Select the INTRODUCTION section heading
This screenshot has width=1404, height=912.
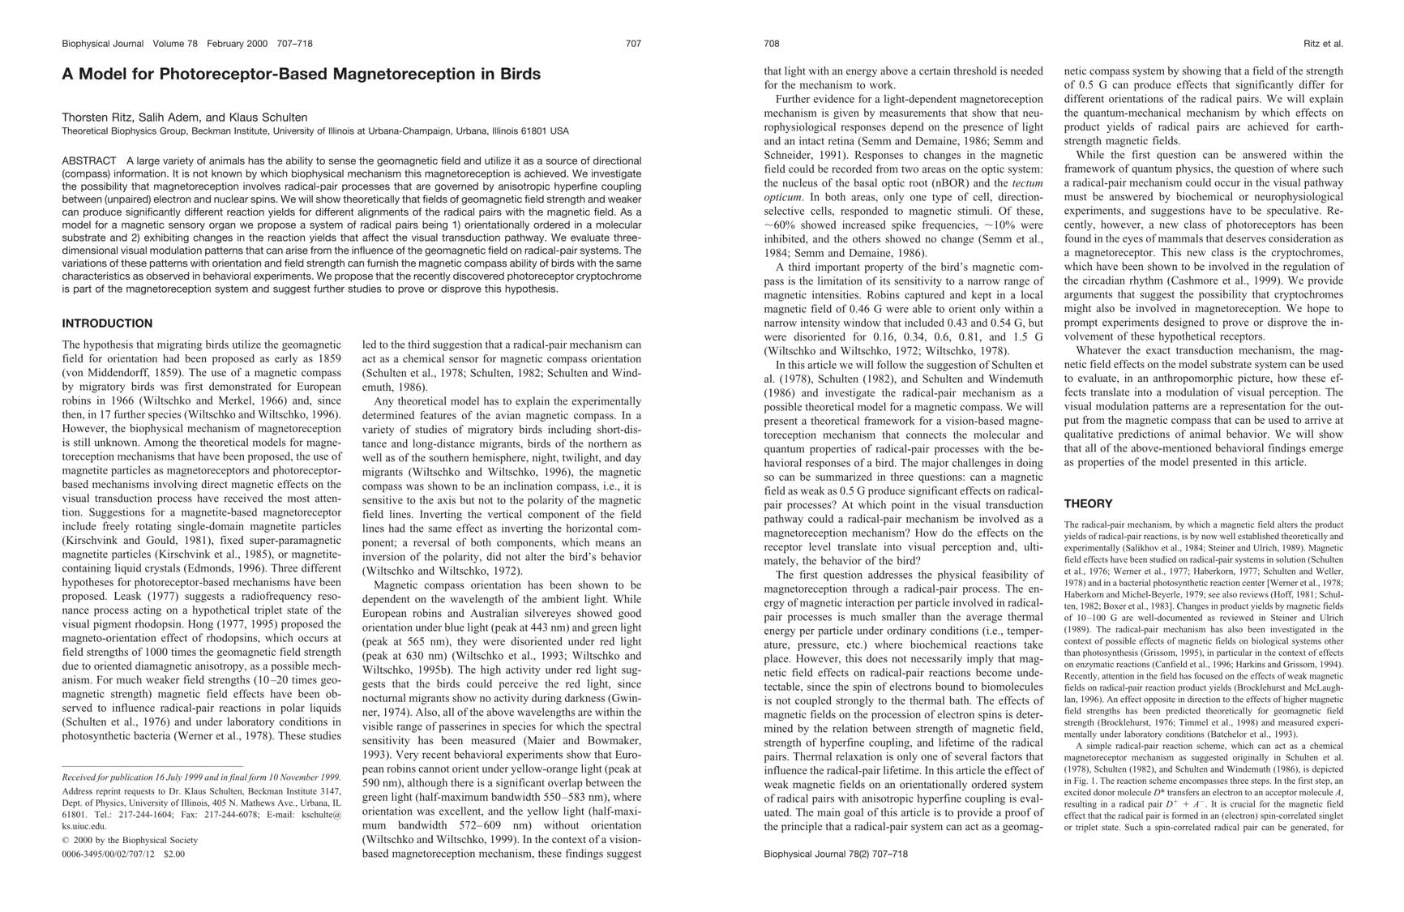pos(107,323)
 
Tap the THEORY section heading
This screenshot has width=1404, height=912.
pos(1088,503)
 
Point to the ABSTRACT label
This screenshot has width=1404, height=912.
pos(89,161)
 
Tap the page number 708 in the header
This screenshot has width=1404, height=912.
pos(772,44)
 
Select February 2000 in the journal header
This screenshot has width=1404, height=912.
pos(237,44)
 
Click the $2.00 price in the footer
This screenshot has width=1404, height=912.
pos(174,854)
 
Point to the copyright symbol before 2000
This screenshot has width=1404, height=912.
pos(66,840)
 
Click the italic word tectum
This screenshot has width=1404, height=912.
pos(1028,183)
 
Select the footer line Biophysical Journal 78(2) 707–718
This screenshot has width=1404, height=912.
pos(836,854)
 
